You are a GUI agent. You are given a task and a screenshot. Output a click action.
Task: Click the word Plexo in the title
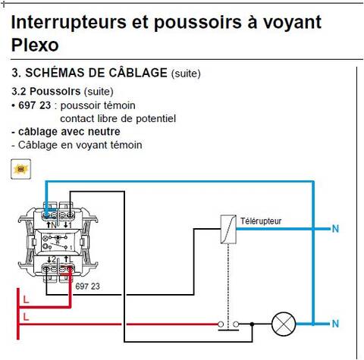tap(35, 45)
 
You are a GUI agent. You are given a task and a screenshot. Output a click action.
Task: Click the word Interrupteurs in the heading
tap(69, 22)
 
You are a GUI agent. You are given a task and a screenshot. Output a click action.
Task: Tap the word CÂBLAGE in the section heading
tap(138, 73)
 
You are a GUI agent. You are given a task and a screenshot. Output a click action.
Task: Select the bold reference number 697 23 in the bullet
tap(35, 105)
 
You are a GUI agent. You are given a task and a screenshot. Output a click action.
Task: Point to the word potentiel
tap(156, 118)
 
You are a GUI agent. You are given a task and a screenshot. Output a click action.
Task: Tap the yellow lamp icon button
tap(20, 169)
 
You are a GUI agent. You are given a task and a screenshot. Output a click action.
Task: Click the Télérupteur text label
tap(261, 221)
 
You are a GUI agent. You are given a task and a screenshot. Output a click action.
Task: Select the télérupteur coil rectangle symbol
tap(228, 230)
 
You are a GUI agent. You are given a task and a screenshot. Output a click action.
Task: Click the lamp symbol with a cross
tap(284, 324)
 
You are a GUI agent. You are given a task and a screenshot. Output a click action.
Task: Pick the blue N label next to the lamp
tap(335, 324)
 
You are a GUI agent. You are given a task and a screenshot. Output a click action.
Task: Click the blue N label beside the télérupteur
tap(335, 229)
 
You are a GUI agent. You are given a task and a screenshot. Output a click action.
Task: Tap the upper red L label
tap(26, 299)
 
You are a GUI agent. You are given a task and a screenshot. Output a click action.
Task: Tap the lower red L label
tap(26, 317)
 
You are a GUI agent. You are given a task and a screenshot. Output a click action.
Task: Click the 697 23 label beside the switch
tap(87, 286)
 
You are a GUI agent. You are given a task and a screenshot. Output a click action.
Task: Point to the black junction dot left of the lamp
tap(252, 324)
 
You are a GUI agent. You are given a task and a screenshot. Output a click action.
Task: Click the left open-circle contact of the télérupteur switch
tap(221, 324)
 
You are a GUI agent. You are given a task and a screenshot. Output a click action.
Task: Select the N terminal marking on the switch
tap(53, 225)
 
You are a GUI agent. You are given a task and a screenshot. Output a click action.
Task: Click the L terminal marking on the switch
tap(70, 259)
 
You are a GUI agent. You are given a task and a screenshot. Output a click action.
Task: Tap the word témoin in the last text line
tap(127, 145)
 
